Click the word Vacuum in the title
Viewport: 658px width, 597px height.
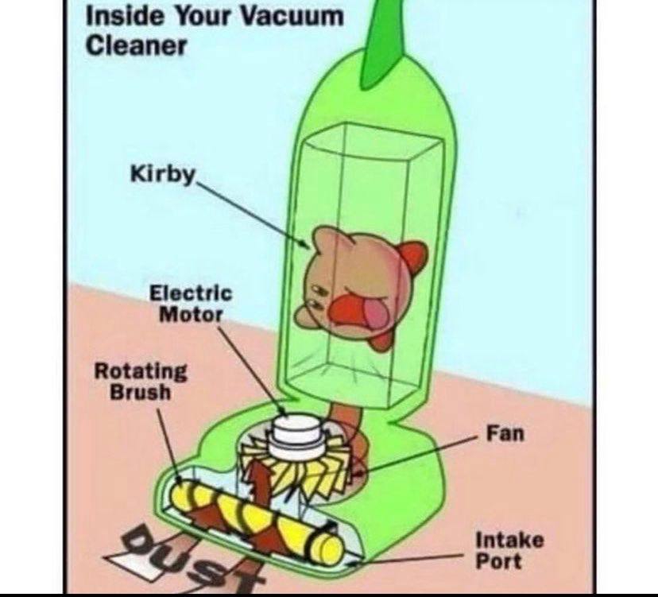point(293,17)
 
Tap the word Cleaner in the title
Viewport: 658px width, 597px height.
point(136,46)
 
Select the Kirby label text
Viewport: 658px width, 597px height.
point(163,174)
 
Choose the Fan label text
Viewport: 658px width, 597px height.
point(505,433)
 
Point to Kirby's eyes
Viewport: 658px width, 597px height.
point(316,297)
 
